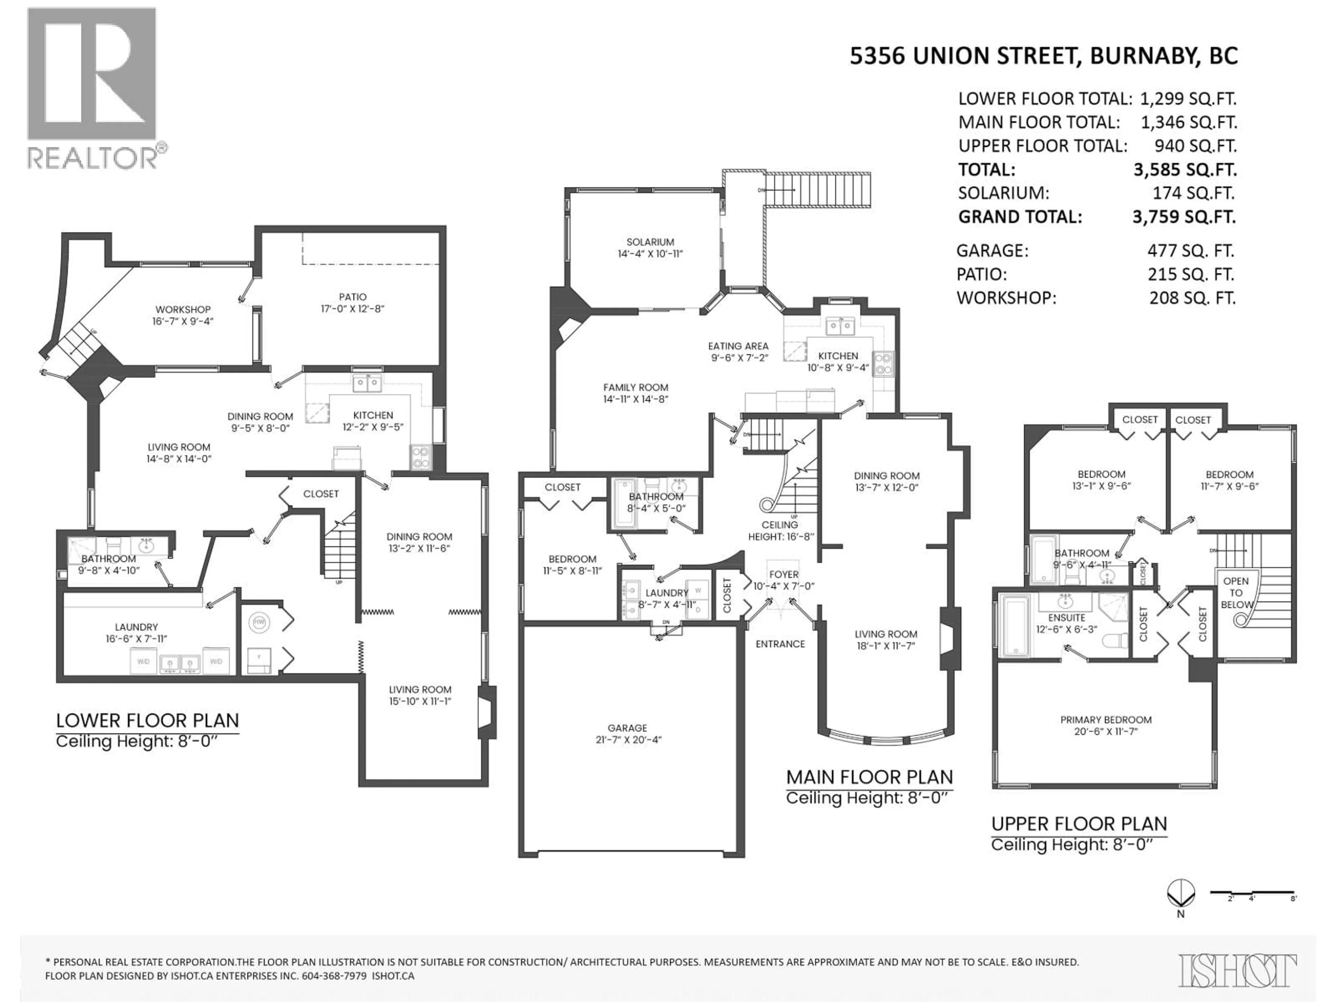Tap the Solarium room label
650,241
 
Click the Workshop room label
182,309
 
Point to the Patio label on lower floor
352,296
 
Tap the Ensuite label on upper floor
1067,617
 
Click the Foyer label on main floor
784,574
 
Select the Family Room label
635,387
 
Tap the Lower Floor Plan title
148,721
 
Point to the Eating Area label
738,346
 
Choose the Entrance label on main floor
780,644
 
